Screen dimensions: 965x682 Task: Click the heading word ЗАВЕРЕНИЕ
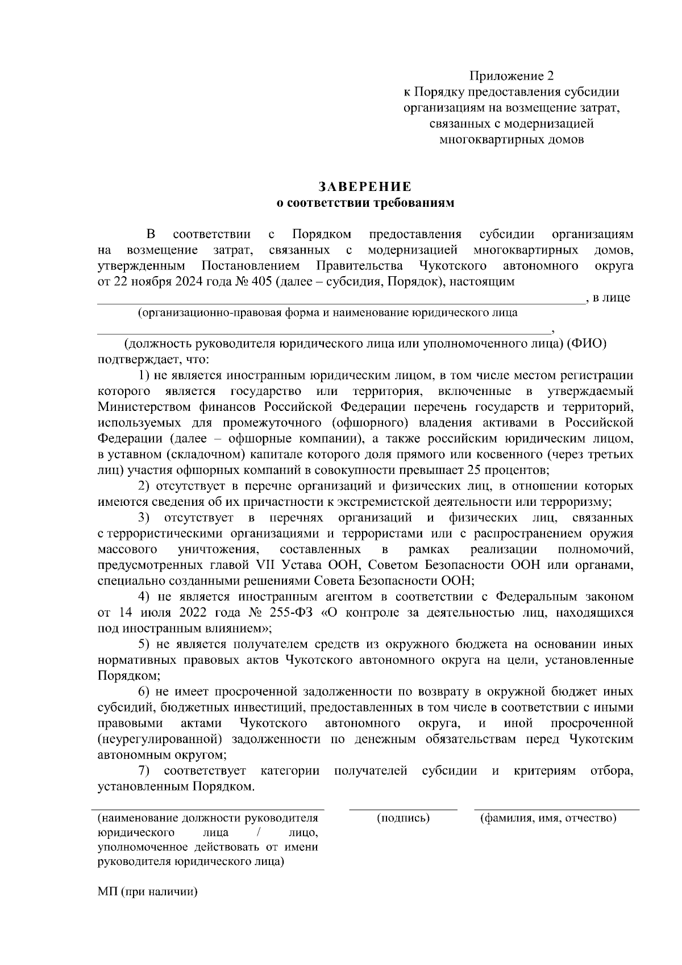(365, 187)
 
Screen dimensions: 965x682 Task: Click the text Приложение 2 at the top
(511, 76)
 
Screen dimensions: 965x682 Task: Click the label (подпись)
(403, 818)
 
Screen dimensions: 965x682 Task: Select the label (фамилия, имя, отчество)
(548, 818)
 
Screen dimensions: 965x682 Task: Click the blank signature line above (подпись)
(403, 808)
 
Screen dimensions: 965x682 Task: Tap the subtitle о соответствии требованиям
(365, 203)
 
